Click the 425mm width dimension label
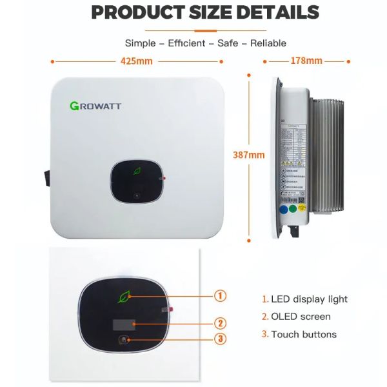[136, 62]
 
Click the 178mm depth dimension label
[306, 61]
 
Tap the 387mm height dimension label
[248, 155]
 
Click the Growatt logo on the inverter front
[95, 105]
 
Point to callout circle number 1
[221, 296]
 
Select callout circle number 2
[221, 323]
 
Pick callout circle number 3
[221, 339]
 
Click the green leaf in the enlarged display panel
[123, 297]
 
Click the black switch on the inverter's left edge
[46, 176]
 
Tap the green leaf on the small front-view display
[137, 172]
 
